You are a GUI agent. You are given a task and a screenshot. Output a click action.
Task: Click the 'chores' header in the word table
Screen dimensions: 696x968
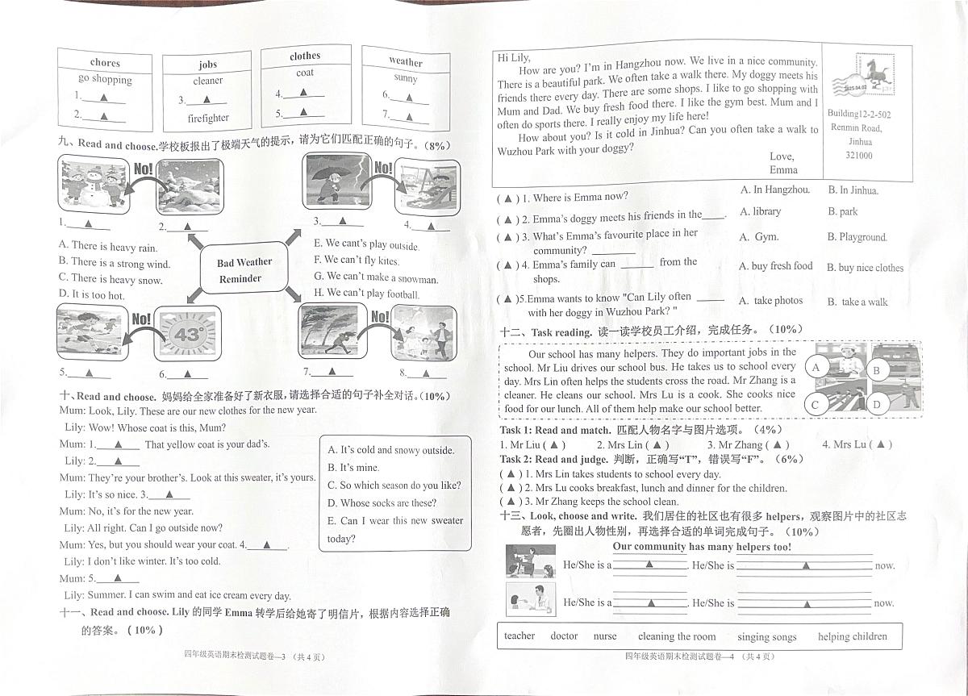click(x=105, y=62)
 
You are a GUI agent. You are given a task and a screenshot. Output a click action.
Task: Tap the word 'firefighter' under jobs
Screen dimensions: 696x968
click(x=208, y=118)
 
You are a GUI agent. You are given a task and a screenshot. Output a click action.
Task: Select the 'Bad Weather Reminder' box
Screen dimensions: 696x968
click(x=244, y=270)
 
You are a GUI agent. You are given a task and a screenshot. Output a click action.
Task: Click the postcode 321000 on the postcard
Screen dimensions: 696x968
click(x=858, y=156)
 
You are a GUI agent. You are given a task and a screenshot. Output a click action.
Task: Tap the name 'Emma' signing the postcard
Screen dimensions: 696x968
click(x=783, y=170)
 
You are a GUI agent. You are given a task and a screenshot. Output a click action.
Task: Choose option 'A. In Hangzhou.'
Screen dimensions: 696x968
click(x=774, y=190)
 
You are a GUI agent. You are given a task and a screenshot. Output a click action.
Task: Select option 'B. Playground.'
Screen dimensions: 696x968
click(x=857, y=237)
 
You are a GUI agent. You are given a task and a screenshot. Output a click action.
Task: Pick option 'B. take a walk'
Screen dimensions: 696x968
click(x=857, y=302)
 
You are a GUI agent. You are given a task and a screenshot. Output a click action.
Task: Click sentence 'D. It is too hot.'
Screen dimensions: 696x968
click(x=92, y=295)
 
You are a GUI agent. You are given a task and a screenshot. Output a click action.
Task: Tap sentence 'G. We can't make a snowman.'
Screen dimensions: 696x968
click(x=376, y=278)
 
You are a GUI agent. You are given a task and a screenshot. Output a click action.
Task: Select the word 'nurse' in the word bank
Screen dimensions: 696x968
click(x=605, y=636)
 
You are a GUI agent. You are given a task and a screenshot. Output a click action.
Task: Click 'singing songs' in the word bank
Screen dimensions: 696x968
click(x=766, y=637)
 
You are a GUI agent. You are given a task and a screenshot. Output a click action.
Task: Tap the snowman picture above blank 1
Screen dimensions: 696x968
click(x=94, y=185)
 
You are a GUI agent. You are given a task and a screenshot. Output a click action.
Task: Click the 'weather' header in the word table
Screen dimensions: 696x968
click(x=405, y=61)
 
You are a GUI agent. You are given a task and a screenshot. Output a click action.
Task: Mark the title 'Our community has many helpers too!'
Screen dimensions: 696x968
click(x=702, y=547)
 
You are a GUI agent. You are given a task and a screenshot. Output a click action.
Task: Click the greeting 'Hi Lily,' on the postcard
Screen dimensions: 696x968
click(x=514, y=57)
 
